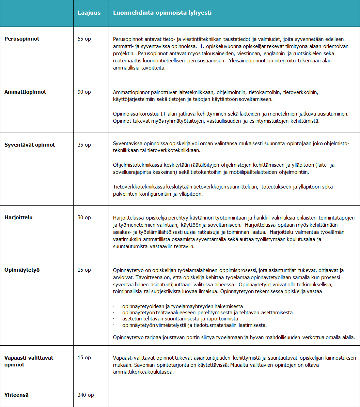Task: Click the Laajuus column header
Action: click(89, 13)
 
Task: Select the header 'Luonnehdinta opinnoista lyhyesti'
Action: click(162, 13)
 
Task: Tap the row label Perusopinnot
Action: click(22, 39)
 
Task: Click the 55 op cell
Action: click(84, 39)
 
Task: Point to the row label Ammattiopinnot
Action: click(25, 92)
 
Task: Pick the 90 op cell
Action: click(84, 92)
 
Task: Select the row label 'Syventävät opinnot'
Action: click(30, 145)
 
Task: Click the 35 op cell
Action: click(84, 145)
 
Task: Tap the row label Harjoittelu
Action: click(18, 217)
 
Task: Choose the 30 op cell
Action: click(84, 217)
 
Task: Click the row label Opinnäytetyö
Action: click(22, 270)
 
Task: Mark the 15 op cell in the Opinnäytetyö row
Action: click(84, 270)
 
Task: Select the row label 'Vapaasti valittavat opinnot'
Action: click(29, 361)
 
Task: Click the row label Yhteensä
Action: click(16, 395)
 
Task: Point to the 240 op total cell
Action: click(86, 395)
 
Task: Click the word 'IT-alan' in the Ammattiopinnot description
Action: click(169, 114)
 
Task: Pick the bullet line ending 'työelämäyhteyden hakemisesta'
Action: click(182, 306)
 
